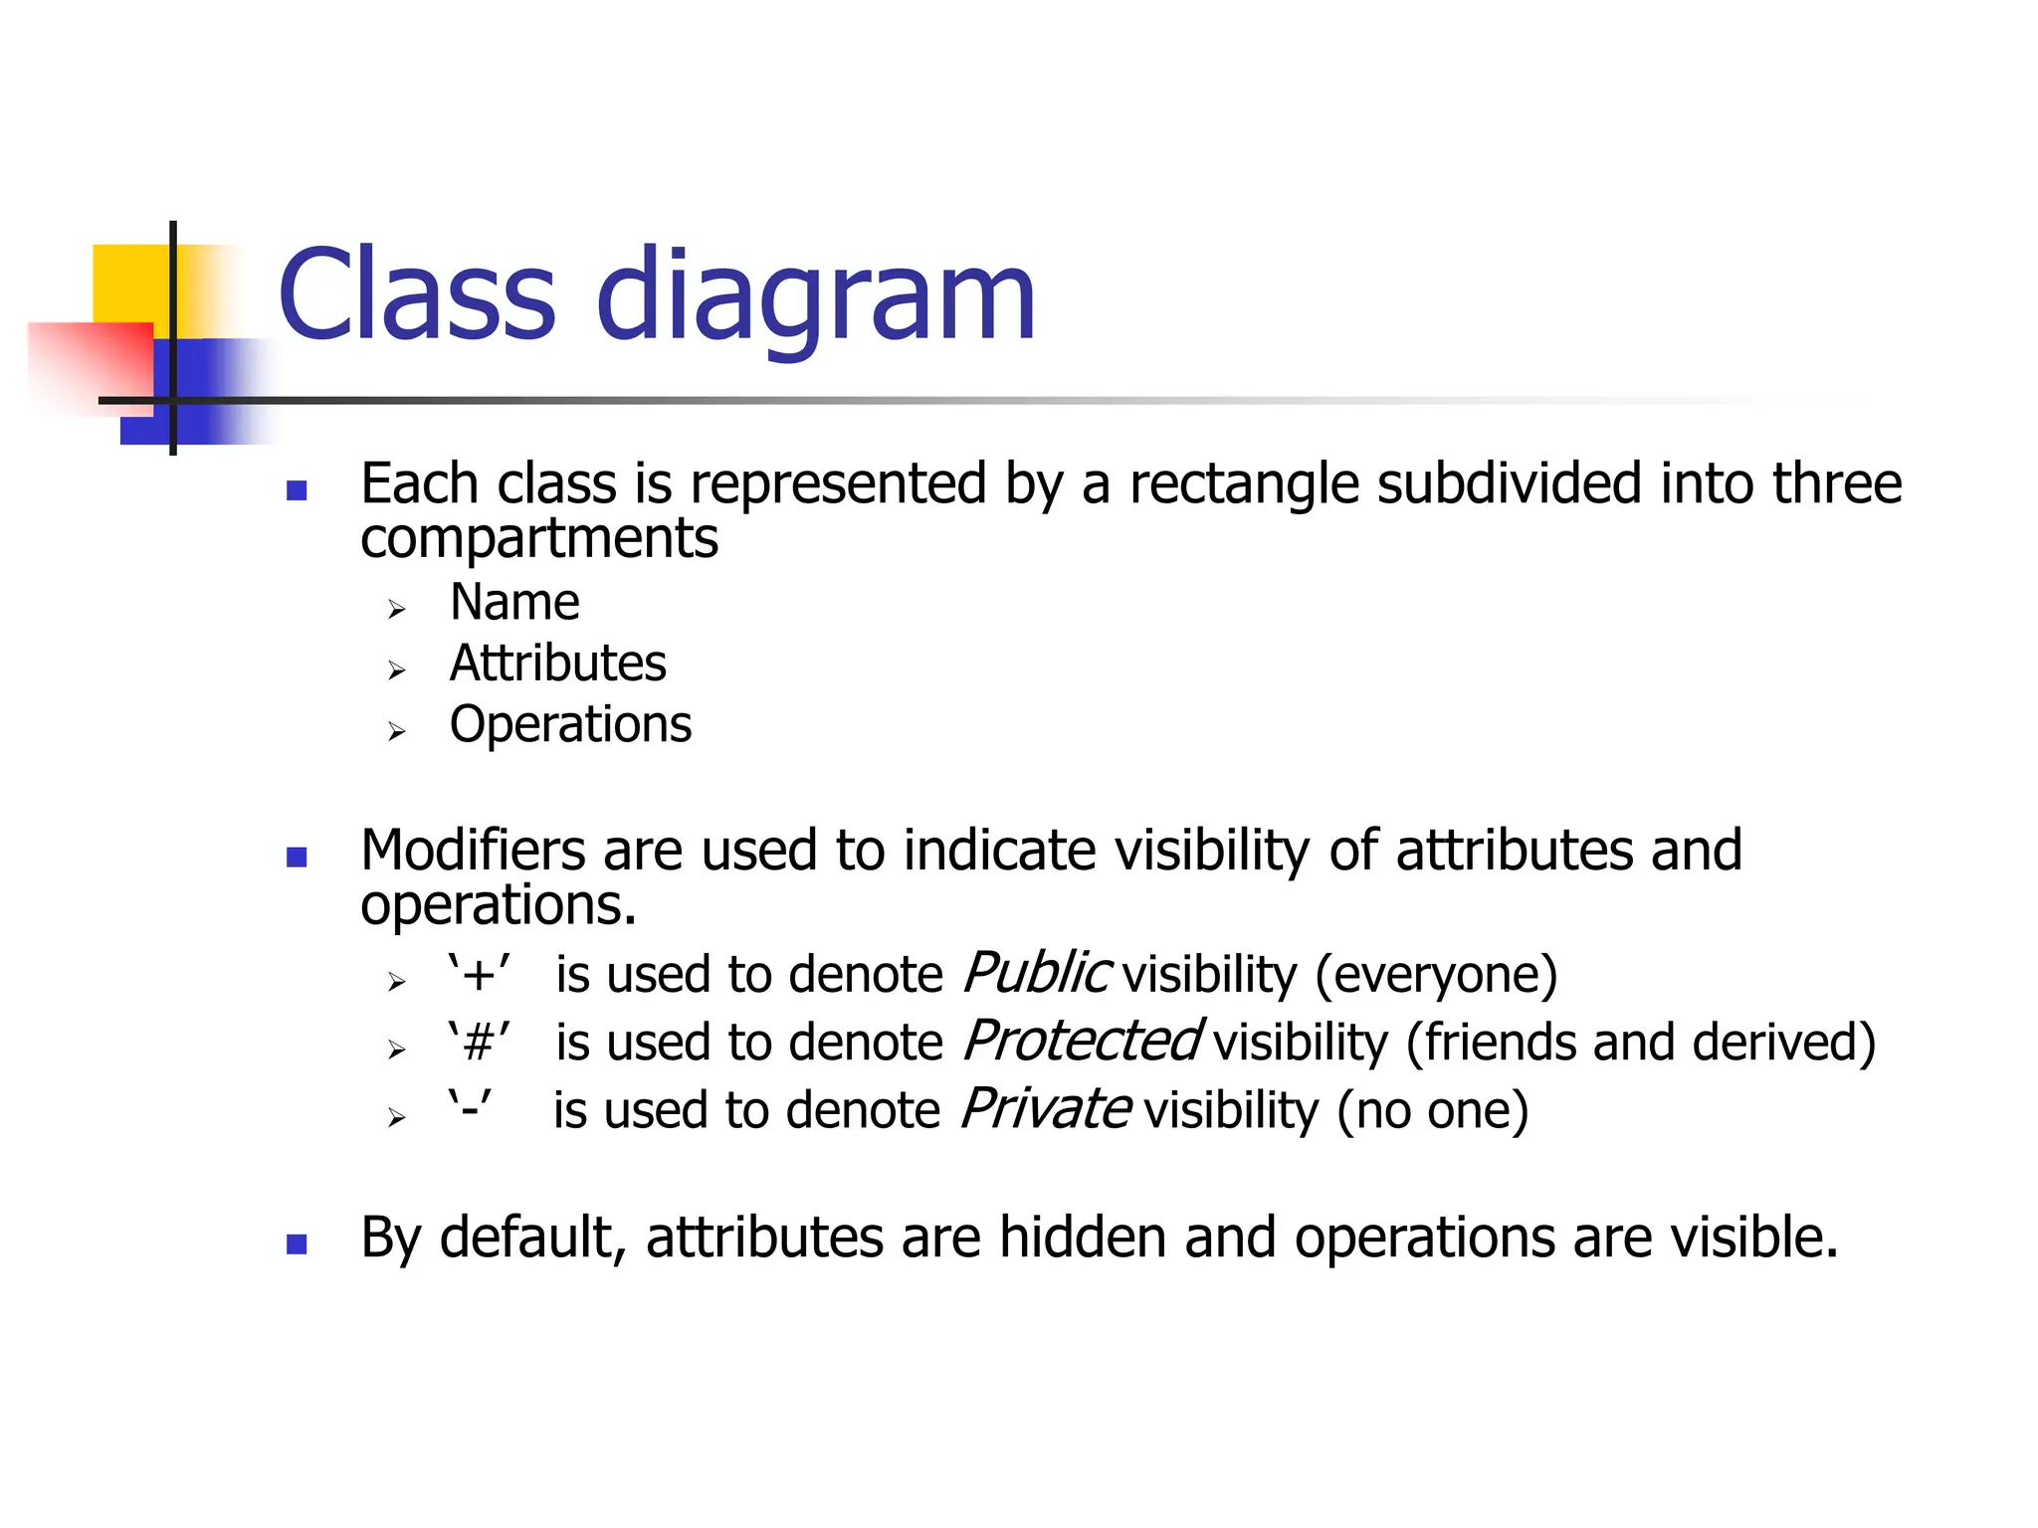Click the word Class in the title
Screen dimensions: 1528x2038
(416, 295)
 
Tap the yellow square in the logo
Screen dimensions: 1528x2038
(129, 285)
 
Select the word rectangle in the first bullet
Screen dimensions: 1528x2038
(1244, 485)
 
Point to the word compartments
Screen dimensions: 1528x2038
(538, 539)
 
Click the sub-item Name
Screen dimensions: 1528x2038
(514, 603)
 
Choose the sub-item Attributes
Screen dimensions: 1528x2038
(557, 664)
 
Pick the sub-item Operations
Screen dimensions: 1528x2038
(570, 724)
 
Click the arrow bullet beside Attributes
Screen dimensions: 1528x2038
(397, 670)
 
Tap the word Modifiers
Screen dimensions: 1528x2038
(472, 852)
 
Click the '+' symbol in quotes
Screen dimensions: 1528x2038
(480, 974)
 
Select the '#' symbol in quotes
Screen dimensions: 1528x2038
(480, 1043)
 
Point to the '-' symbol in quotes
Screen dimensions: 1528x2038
(469, 1109)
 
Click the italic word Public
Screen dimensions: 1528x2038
(1035, 973)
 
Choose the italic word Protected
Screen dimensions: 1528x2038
(1082, 1042)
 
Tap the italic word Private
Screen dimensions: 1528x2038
(1045, 1109)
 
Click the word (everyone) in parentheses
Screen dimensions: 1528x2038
(1436, 975)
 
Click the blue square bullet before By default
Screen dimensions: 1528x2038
(297, 1243)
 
